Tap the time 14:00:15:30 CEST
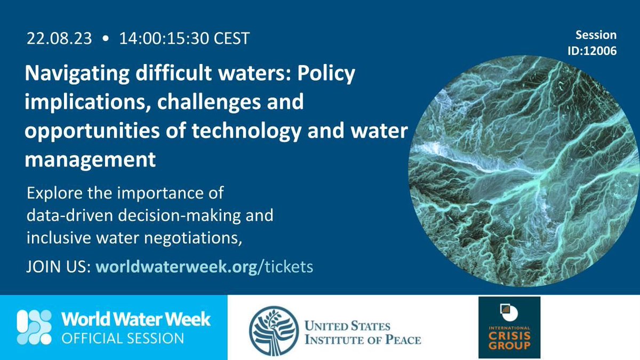[184, 39]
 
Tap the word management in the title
[90, 159]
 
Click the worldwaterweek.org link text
[176, 266]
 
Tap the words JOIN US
[59, 266]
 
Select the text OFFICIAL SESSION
[123, 338]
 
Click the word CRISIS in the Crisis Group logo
[509, 338]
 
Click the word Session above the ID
[596, 35]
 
